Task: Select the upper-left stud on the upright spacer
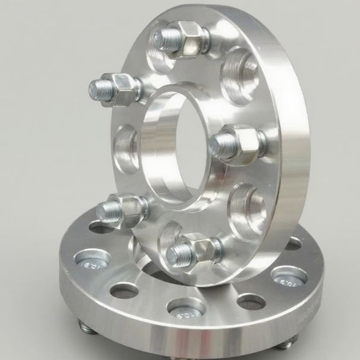115,87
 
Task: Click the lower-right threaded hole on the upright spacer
247,208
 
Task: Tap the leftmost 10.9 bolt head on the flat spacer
92,260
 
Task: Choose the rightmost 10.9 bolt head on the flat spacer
289,277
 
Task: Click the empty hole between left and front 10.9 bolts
124,291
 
